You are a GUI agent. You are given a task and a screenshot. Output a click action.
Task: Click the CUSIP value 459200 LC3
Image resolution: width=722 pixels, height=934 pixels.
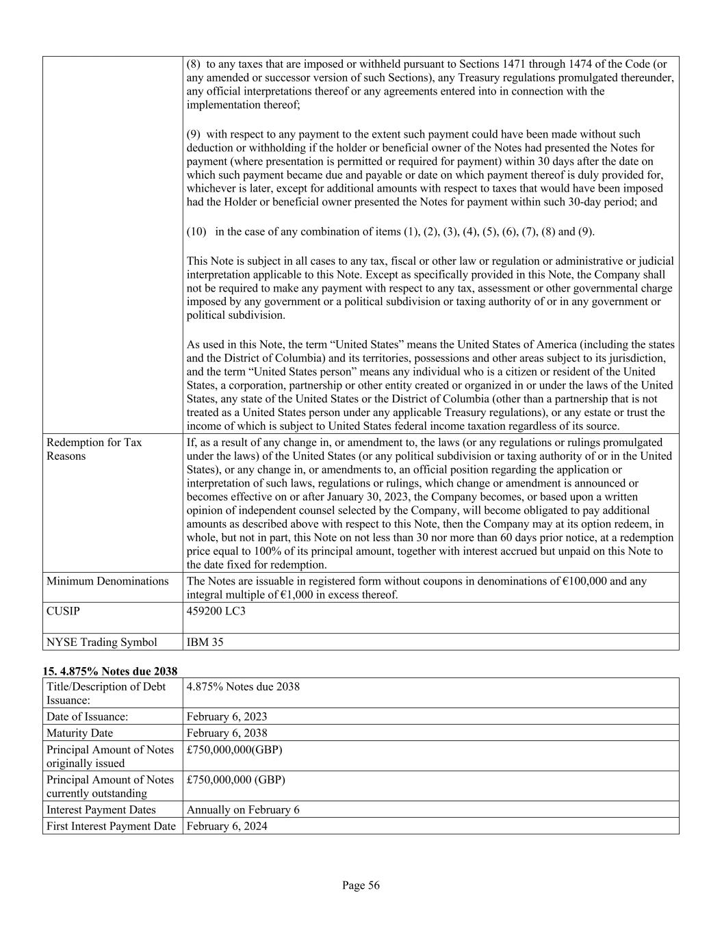[x=216, y=611]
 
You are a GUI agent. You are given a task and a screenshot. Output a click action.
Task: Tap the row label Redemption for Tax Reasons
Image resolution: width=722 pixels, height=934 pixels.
[x=94, y=449]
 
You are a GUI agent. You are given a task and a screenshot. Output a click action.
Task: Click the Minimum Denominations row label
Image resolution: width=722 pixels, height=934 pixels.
[x=107, y=581]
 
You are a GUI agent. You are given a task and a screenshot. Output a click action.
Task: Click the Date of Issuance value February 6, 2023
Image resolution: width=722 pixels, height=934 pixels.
[x=227, y=716]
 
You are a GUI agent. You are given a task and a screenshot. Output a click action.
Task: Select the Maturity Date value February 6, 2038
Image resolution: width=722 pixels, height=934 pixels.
[x=227, y=733]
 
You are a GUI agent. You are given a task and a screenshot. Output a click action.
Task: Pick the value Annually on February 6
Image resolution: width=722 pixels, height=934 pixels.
[x=243, y=809]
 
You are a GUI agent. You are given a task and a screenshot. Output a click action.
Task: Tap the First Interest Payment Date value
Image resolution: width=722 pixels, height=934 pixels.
[x=227, y=826]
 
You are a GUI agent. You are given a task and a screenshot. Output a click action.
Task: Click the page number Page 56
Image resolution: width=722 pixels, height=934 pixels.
[x=361, y=885]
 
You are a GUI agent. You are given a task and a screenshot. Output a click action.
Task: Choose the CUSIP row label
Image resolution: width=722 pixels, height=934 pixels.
[x=63, y=611]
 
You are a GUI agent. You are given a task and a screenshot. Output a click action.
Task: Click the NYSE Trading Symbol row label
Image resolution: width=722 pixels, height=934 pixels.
[x=101, y=642]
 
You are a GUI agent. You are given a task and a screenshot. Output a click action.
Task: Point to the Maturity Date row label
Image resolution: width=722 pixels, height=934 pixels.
[x=79, y=733]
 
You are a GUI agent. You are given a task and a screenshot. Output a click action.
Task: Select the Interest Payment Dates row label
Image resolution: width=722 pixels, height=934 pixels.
[x=101, y=809]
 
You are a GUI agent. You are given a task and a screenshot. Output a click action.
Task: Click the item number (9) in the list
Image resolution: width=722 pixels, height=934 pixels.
[x=194, y=134]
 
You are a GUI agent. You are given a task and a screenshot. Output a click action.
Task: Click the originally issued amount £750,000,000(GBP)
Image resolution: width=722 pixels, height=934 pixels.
[x=234, y=749]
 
